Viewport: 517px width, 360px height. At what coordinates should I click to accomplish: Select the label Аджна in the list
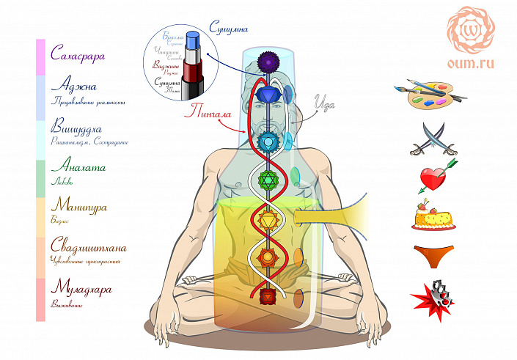pyautogui.click(x=71, y=86)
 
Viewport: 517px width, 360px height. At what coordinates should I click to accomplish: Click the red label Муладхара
pyautogui.click(x=81, y=290)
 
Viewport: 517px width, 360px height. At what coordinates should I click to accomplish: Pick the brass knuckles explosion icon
pyautogui.click(x=433, y=295)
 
